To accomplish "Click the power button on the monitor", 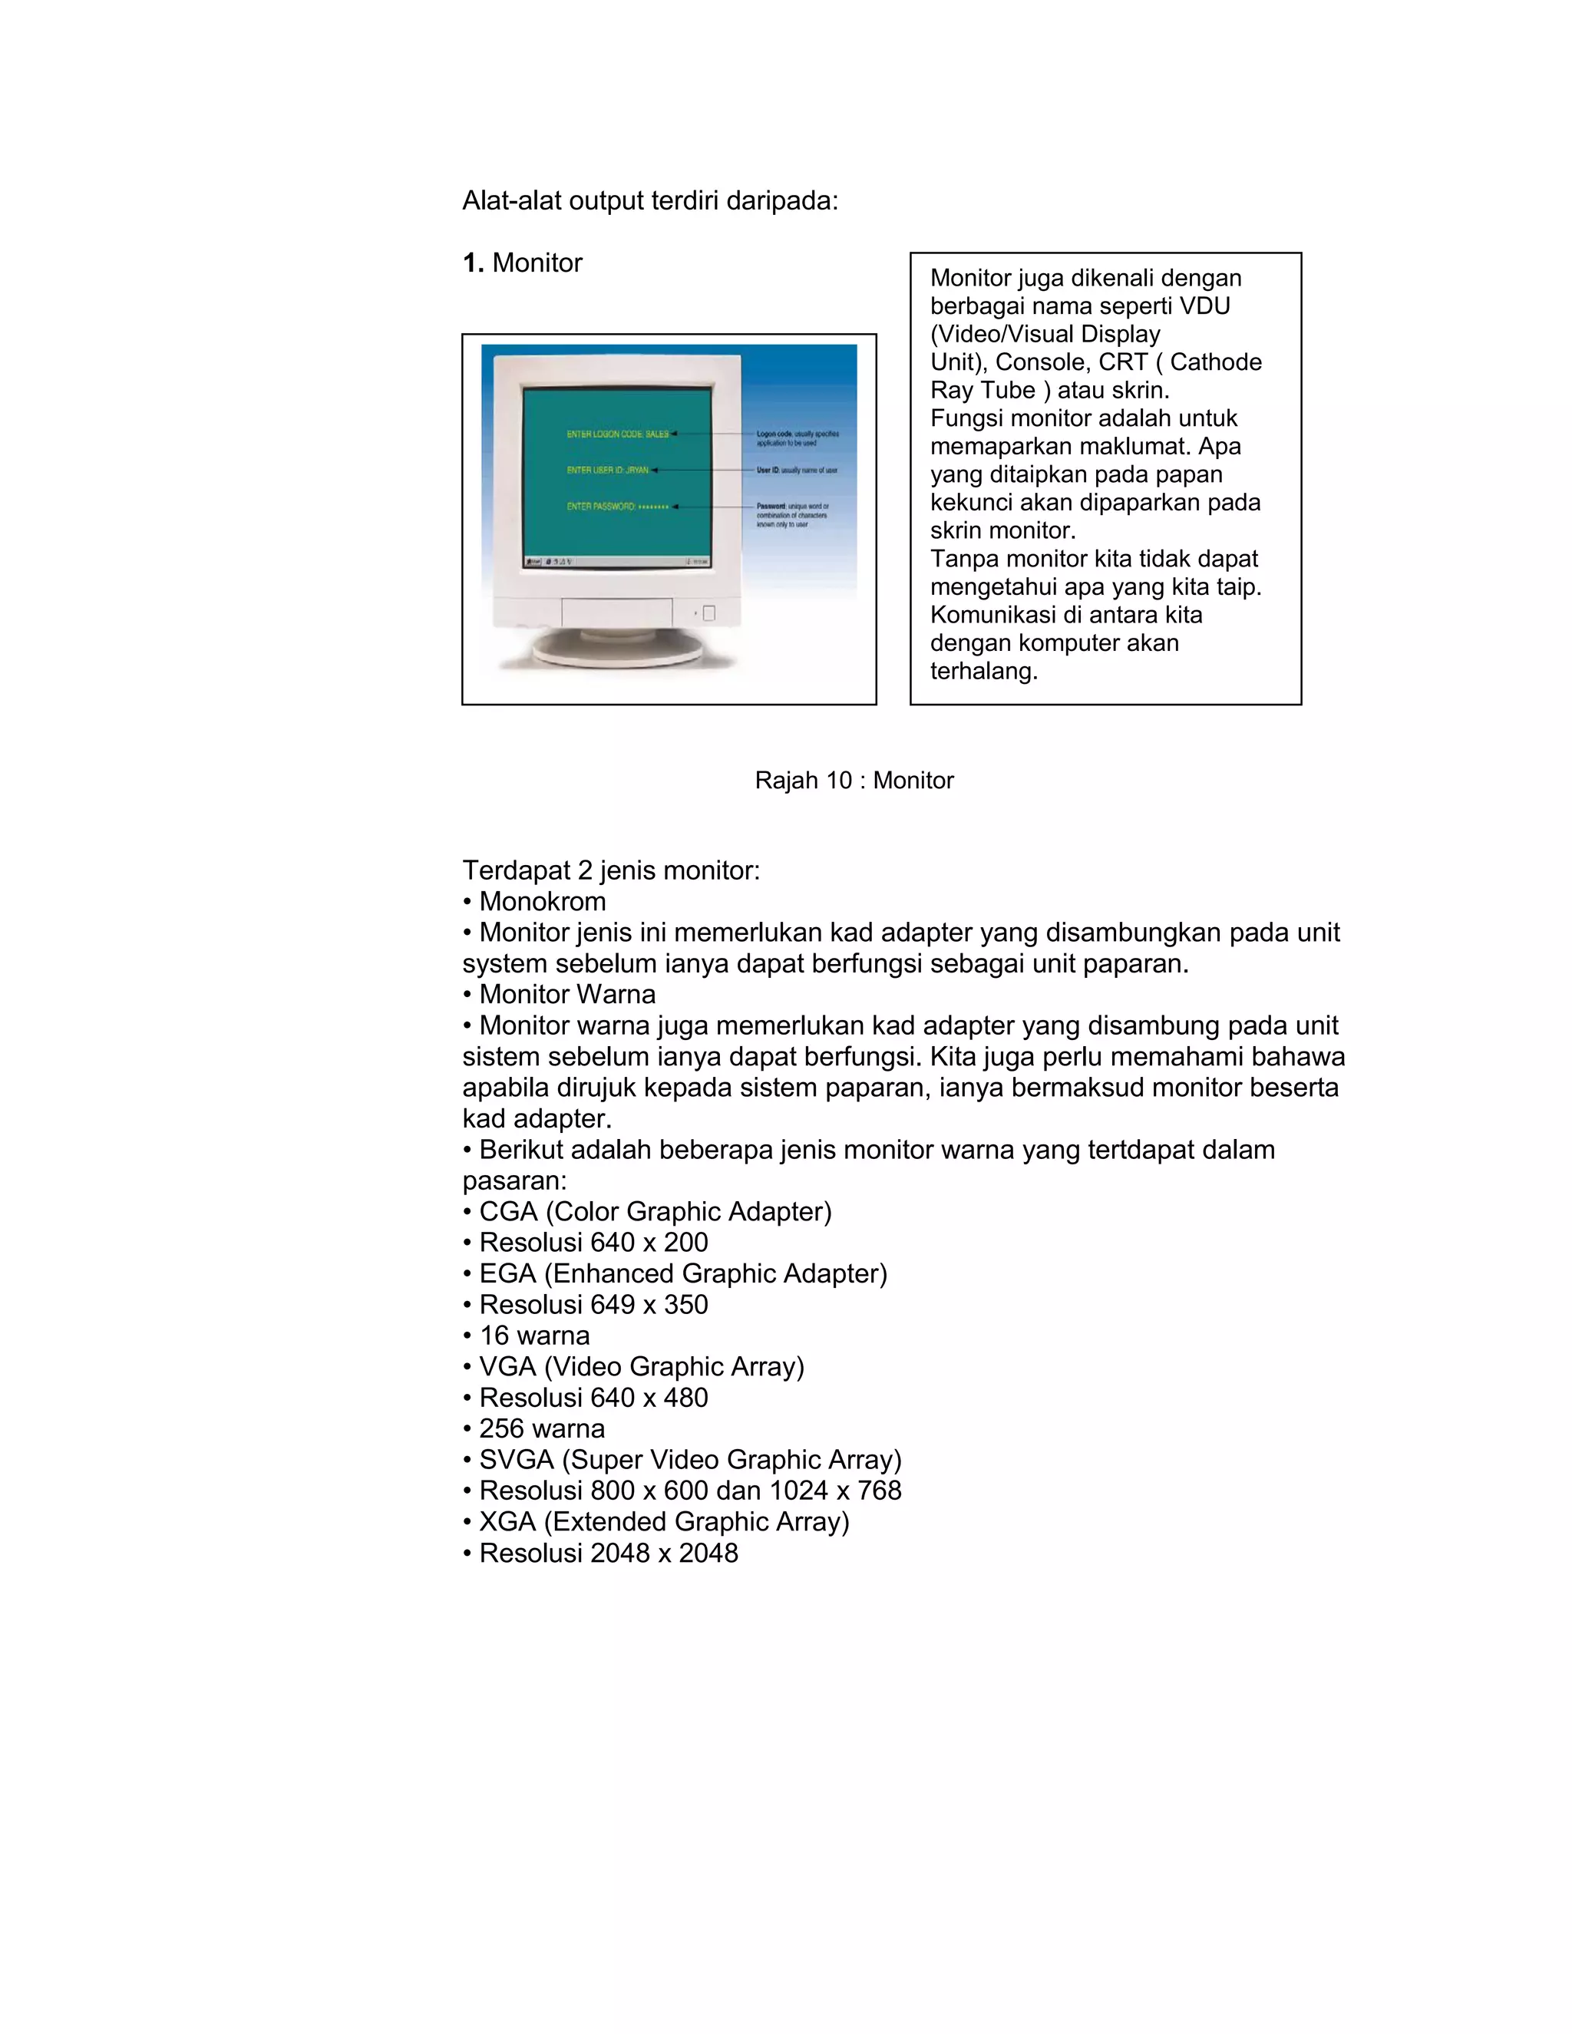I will pos(708,613).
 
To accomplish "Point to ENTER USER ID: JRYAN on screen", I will pos(608,471).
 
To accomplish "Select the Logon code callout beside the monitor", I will pos(798,438).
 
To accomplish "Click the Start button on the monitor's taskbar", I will pos(533,562).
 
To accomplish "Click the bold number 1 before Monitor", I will pos(472,263).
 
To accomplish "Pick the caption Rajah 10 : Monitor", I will pos(854,781).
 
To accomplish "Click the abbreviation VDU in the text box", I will pos(1204,306).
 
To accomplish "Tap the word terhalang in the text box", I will pos(983,671).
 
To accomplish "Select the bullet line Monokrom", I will pos(542,902).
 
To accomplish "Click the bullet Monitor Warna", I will pos(566,995).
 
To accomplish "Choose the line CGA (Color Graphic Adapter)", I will pos(655,1212).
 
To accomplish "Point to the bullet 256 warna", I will pos(541,1428).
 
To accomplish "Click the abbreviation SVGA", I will pos(516,1461).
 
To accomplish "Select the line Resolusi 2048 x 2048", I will pos(608,1554).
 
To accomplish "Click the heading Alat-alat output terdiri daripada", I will pos(650,201).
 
